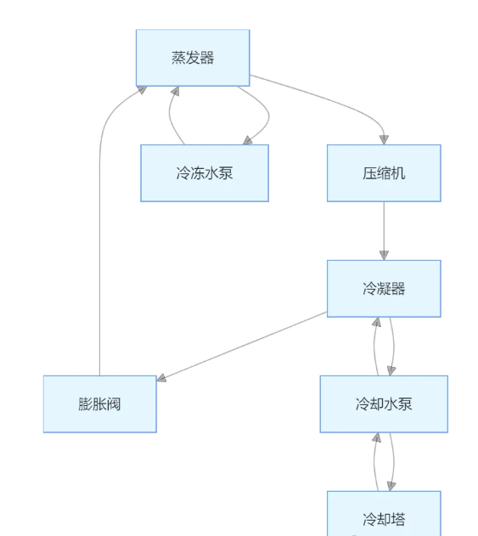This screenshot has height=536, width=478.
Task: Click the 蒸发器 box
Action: [193, 58]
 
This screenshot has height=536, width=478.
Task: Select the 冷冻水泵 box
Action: [205, 172]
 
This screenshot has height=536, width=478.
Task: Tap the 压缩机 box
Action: [384, 172]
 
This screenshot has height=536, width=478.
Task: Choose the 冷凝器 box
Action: [384, 288]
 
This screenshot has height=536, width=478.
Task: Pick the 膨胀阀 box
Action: [99, 403]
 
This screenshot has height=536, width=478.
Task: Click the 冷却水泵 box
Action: [384, 403]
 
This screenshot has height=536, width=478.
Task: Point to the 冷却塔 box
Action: [384, 516]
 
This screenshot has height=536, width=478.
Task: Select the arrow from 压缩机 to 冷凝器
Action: [384, 229]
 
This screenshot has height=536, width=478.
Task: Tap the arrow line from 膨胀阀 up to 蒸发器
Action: [100, 255]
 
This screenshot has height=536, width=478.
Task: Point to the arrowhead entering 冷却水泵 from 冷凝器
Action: [391, 370]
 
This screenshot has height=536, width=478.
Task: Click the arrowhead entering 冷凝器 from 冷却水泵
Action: [376, 322]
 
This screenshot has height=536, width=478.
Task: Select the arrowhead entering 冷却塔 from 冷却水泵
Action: [391, 486]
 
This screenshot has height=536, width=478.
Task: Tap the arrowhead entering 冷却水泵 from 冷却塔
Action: [376, 437]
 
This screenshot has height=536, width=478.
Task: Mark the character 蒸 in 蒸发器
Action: [178, 58]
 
